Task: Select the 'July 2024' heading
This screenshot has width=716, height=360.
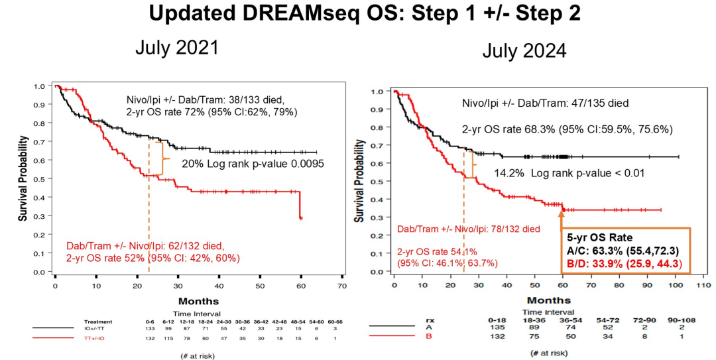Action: click(524, 50)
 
